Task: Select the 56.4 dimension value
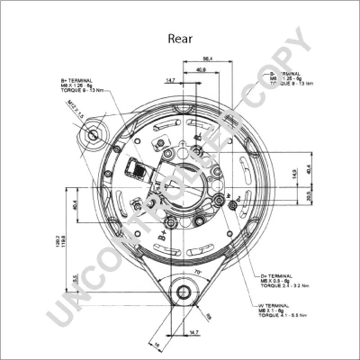(x=207, y=58)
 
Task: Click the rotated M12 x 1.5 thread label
(x=75, y=121)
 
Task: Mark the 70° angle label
(x=196, y=270)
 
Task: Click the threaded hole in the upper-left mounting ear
(x=94, y=136)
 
